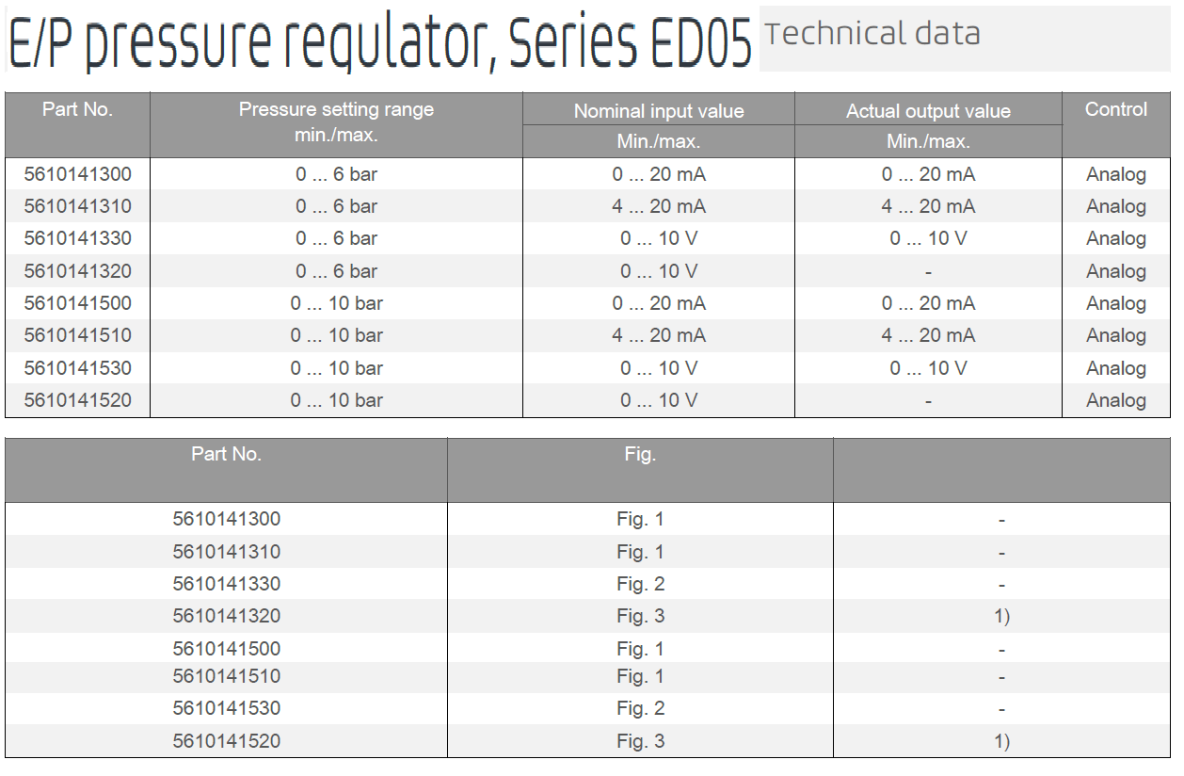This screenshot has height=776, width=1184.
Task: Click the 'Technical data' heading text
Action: click(x=872, y=34)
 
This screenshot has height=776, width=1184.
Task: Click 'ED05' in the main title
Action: click(x=700, y=42)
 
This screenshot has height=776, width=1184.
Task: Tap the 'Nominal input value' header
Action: click(x=659, y=111)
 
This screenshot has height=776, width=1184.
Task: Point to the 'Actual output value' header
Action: click(x=928, y=111)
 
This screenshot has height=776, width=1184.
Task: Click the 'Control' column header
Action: click(x=1116, y=109)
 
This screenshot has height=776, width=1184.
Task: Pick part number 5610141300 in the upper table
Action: click(x=78, y=174)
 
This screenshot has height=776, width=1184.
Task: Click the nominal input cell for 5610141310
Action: click(x=659, y=206)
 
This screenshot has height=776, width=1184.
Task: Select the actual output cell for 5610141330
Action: click(x=928, y=238)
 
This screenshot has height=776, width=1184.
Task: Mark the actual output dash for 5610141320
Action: click(x=928, y=272)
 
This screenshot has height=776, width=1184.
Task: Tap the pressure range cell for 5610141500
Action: click(x=336, y=303)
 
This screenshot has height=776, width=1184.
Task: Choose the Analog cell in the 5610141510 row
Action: click(x=1116, y=336)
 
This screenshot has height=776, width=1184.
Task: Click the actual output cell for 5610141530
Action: click(x=928, y=368)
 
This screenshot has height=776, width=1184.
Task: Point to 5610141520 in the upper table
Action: click(x=78, y=400)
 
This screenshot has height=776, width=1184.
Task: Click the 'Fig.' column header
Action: click(x=640, y=454)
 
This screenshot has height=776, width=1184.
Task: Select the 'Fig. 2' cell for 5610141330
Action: click(x=640, y=585)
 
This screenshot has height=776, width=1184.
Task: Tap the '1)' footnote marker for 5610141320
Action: click(x=1001, y=616)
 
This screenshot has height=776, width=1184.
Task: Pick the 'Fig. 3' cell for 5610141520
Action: click(x=640, y=741)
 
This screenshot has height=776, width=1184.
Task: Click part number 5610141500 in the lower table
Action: click(x=226, y=649)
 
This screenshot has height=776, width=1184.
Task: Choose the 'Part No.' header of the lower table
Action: click(x=226, y=454)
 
